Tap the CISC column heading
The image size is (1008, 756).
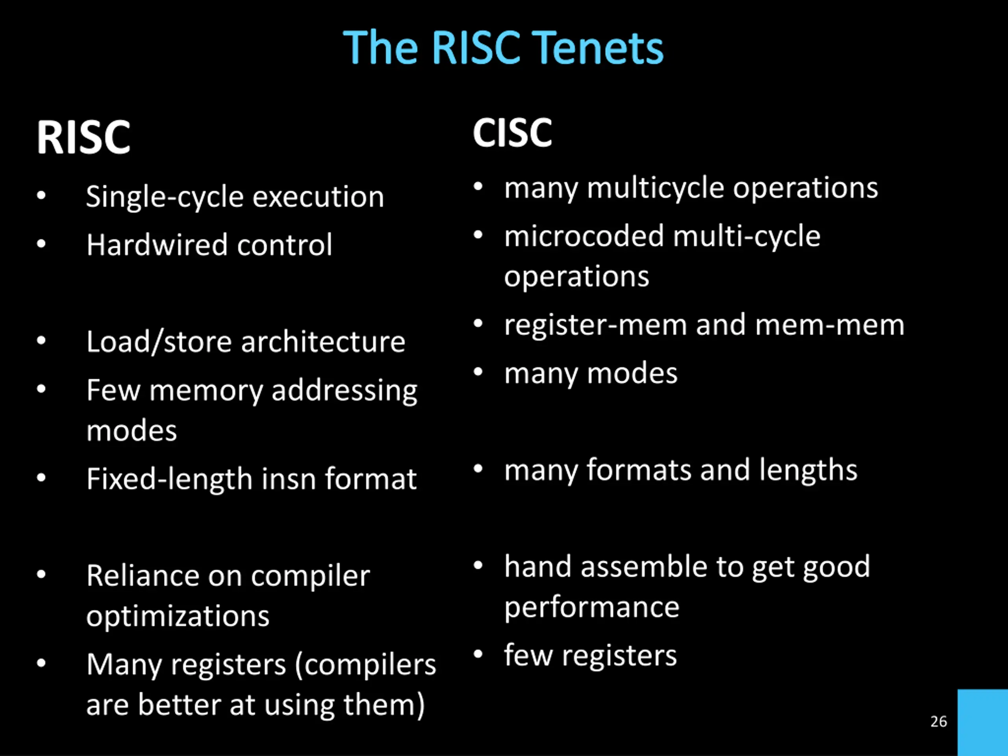pos(512,133)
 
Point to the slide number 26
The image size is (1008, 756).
pos(938,721)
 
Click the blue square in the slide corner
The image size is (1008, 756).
pos(982,722)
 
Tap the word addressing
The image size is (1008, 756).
pos(344,391)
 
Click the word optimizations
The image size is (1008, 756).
pos(178,617)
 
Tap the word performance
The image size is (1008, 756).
pos(591,608)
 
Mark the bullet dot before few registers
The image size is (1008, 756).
pos(478,654)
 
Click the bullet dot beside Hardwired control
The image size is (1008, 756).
pos(41,244)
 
